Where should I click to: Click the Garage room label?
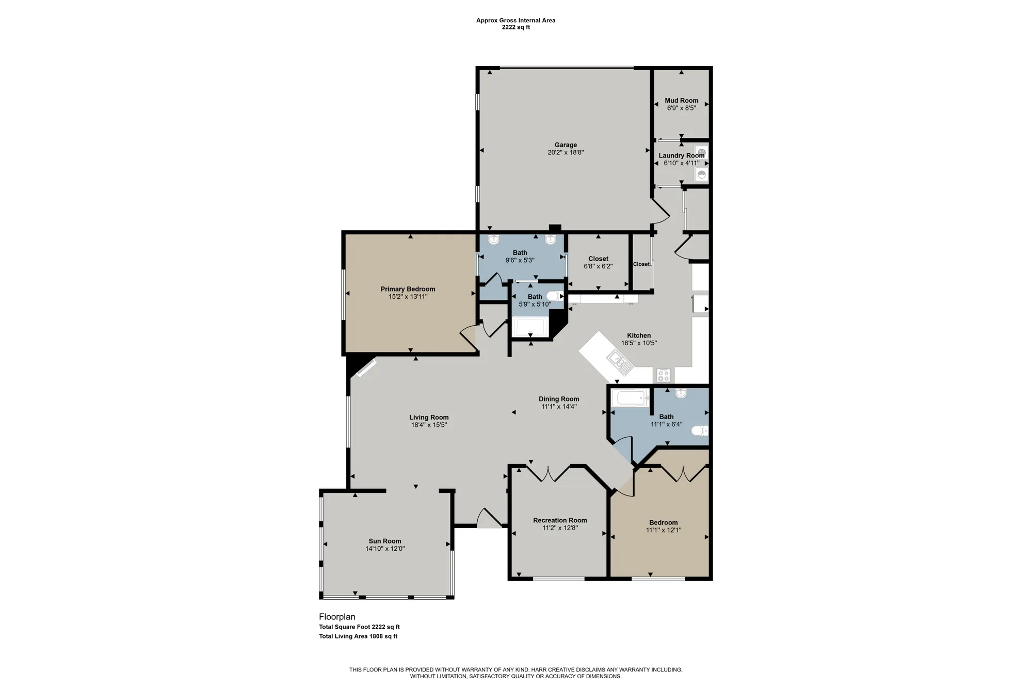(566, 145)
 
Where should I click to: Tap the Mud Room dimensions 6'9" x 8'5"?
(681, 108)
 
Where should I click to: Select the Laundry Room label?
(681, 155)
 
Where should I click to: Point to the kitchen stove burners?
(664, 375)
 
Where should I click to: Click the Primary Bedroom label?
(408, 289)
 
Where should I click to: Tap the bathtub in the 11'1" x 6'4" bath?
(630, 398)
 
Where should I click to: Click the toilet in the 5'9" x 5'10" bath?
(554, 296)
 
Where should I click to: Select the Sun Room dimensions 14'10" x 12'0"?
(385, 549)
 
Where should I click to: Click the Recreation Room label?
(560, 520)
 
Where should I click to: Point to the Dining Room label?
(559, 399)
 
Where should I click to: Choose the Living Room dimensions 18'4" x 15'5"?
(429, 425)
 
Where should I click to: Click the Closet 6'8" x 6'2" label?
(598, 259)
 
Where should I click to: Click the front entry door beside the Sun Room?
(489, 518)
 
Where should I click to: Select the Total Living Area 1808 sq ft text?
(358, 636)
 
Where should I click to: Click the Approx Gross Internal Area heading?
(515, 21)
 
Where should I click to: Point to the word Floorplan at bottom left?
(337, 617)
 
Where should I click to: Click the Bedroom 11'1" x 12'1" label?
(664, 522)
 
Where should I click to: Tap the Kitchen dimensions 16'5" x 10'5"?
(639, 343)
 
